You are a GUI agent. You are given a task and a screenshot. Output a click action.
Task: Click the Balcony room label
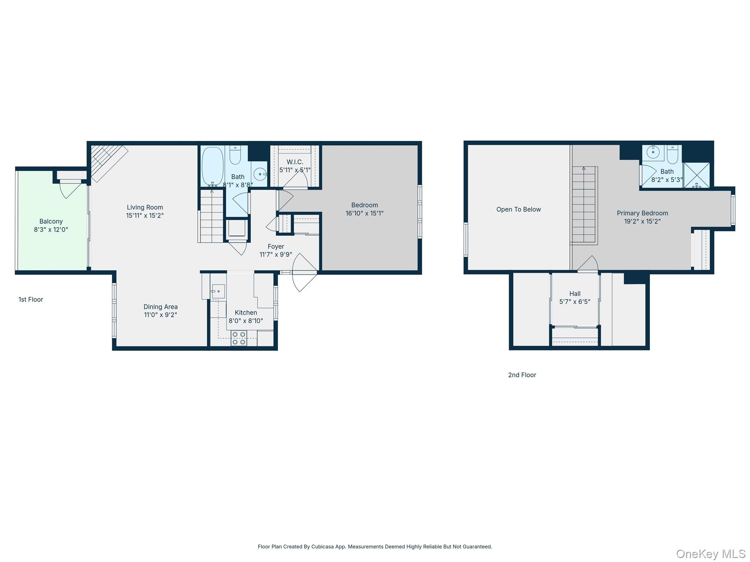coord(51,221)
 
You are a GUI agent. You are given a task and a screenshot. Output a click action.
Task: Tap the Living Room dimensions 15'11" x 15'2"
coord(145,216)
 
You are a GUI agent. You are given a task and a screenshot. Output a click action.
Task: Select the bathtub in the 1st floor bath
coord(212,166)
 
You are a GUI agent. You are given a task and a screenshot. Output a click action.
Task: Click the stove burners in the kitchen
coord(238,338)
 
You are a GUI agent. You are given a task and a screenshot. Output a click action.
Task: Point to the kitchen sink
coord(218,291)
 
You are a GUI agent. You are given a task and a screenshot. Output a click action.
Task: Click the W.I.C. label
coord(295,162)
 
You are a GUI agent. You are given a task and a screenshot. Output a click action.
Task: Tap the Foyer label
coord(276,247)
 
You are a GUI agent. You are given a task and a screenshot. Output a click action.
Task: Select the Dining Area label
coord(160,307)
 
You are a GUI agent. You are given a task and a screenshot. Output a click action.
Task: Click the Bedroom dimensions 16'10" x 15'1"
coord(364,213)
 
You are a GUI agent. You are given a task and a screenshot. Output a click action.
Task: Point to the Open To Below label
coord(519,209)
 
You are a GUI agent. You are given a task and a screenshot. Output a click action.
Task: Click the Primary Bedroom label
coord(642,213)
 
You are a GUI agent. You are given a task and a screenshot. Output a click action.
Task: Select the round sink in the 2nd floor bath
coord(653,152)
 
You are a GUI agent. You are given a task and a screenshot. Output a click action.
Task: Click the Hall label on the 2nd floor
coord(575,293)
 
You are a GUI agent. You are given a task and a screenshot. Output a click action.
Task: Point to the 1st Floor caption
coord(31,299)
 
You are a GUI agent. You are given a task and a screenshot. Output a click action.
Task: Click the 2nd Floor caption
coord(522,375)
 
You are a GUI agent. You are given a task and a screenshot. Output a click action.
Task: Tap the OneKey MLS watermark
coord(710,554)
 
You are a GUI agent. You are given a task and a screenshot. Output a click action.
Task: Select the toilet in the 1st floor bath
coord(235,155)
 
